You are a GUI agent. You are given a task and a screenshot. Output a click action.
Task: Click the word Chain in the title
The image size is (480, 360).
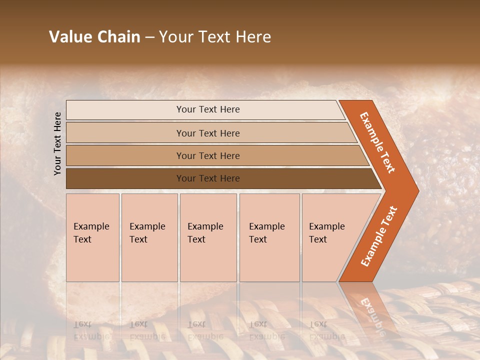tap(119, 37)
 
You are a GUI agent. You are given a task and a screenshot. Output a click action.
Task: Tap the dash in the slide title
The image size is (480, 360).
tap(149, 37)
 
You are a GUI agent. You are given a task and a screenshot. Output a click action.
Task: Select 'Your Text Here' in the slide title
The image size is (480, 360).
tap(215, 37)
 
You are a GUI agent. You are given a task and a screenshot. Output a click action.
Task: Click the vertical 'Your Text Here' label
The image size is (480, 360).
tap(57, 143)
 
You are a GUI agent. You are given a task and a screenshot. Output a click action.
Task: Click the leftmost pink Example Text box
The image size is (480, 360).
tap(92, 237)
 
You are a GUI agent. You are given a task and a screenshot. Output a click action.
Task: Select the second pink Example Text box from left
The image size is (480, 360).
tap(149, 237)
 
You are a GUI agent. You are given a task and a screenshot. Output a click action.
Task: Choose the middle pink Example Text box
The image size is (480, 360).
tap(208, 237)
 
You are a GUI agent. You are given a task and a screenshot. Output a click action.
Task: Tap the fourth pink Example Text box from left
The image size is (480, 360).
tap(269, 237)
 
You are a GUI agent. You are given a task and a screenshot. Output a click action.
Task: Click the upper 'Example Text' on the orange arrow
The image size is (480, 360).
tap(377, 142)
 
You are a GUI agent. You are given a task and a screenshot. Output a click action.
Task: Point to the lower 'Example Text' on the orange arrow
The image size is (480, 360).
tap(379, 236)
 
